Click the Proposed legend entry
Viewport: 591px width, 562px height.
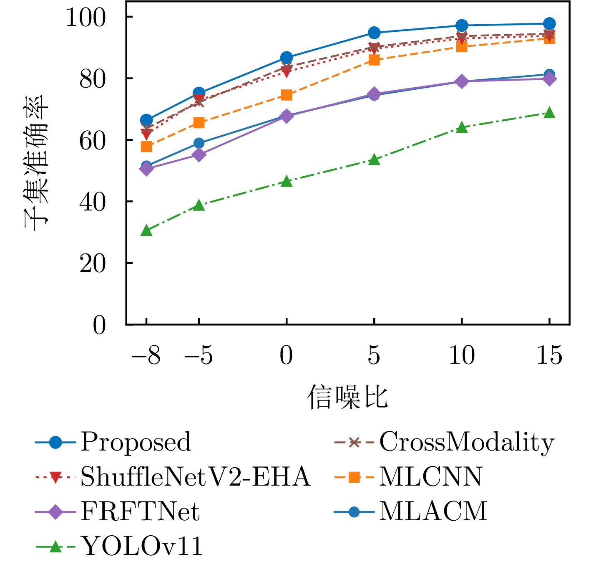point(136,442)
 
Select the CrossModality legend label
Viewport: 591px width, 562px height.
point(467,442)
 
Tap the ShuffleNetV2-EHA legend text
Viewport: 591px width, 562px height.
point(196,476)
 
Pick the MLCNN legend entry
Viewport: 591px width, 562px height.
point(430,476)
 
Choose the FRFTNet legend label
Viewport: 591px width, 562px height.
point(140,511)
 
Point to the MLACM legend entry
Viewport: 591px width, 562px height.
point(433,511)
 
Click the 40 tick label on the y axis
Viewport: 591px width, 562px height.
point(93,202)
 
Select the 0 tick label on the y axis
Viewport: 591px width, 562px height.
point(99,325)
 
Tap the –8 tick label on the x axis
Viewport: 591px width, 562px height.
point(146,356)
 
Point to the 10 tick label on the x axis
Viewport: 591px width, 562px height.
point(462,356)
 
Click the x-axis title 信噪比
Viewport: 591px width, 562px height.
point(347,397)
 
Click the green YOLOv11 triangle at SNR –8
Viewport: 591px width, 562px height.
point(146,230)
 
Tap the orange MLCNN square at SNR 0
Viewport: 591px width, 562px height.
point(287,95)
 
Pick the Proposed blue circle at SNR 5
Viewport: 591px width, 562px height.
point(374,33)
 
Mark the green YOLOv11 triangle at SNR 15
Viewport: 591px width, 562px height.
point(550,113)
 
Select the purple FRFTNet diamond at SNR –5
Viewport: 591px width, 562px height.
point(199,155)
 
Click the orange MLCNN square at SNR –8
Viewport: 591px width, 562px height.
point(146,147)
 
